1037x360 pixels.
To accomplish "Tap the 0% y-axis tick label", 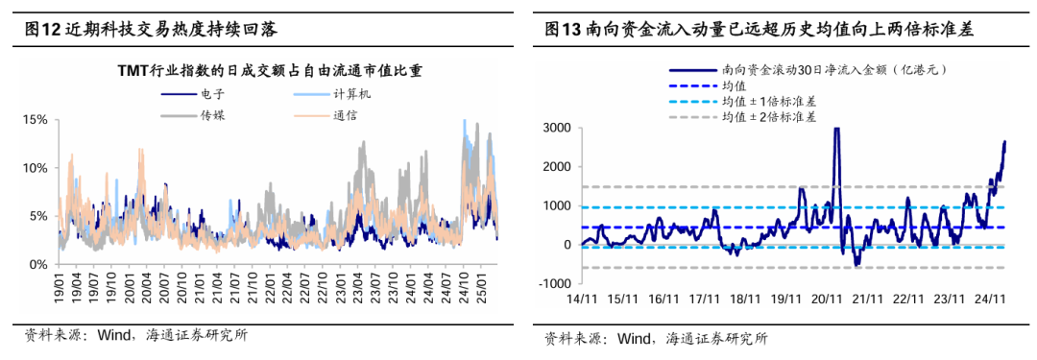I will click(38, 264).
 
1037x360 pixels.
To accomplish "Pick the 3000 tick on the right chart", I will click(556, 128).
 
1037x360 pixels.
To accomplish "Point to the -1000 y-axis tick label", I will click(554, 282).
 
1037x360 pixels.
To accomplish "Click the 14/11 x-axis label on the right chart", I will click(582, 300).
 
